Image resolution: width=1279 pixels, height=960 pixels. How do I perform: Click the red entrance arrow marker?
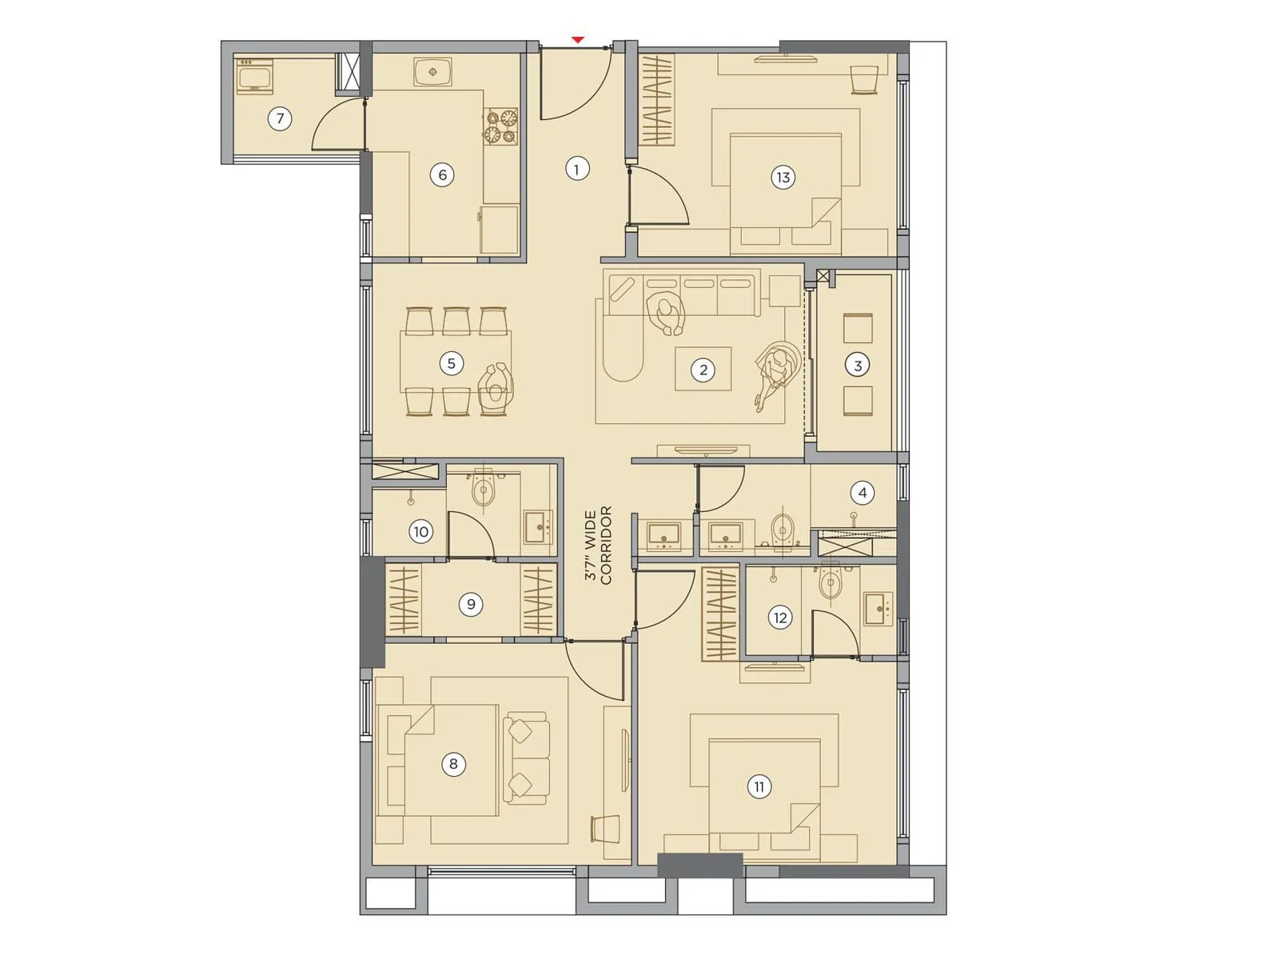[x=577, y=39]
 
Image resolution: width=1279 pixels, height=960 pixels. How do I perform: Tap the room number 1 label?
[x=576, y=169]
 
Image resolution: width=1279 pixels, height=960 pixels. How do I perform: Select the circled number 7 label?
[x=280, y=119]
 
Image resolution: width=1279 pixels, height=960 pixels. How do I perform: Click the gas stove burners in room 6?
[x=500, y=126]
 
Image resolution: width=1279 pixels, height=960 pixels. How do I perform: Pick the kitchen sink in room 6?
[x=433, y=72]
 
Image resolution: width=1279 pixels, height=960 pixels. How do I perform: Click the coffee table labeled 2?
[x=703, y=369]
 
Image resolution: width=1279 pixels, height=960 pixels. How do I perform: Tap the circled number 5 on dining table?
[x=451, y=363]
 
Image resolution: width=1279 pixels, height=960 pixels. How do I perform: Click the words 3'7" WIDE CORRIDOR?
[x=598, y=545]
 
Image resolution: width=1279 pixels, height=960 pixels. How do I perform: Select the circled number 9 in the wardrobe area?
[x=471, y=604]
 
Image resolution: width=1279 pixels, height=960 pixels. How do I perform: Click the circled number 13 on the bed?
[x=783, y=178]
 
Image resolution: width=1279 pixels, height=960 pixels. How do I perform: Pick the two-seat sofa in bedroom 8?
[x=526, y=758]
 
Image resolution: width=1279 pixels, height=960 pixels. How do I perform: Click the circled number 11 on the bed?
[x=759, y=786]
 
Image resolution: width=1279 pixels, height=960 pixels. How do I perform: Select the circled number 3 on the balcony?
[x=858, y=366]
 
